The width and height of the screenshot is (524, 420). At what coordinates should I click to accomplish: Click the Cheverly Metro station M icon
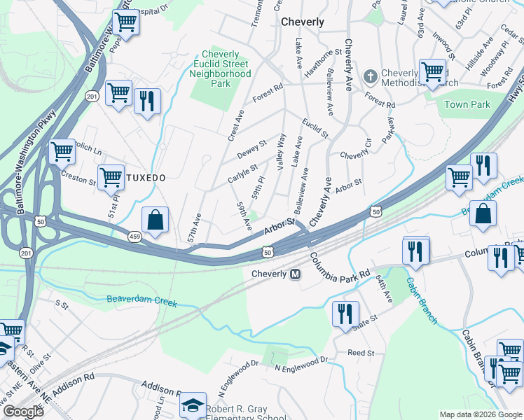coord(296,274)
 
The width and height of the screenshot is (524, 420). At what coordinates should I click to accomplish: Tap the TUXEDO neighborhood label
coord(146,178)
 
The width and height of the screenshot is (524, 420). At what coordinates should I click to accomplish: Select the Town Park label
coord(467,104)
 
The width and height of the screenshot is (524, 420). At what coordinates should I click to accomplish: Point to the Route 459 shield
coord(135,237)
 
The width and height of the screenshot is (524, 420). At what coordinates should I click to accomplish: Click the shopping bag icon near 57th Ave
coord(155,220)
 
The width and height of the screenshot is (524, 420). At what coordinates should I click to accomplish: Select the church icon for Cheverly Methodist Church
coord(371,74)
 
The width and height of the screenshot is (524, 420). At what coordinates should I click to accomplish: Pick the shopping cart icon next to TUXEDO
coord(111,178)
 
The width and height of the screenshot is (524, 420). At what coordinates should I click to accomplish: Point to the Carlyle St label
coord(242,172)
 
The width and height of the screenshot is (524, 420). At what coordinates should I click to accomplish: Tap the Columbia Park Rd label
coord(340,267)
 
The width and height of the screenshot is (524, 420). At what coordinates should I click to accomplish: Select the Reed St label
coord(361,353)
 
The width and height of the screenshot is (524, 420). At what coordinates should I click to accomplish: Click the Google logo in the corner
coord(23,412)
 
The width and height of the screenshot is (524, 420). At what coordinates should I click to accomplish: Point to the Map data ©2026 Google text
coord(480,414)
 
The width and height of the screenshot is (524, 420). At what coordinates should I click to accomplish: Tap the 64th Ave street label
coord(385,288)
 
